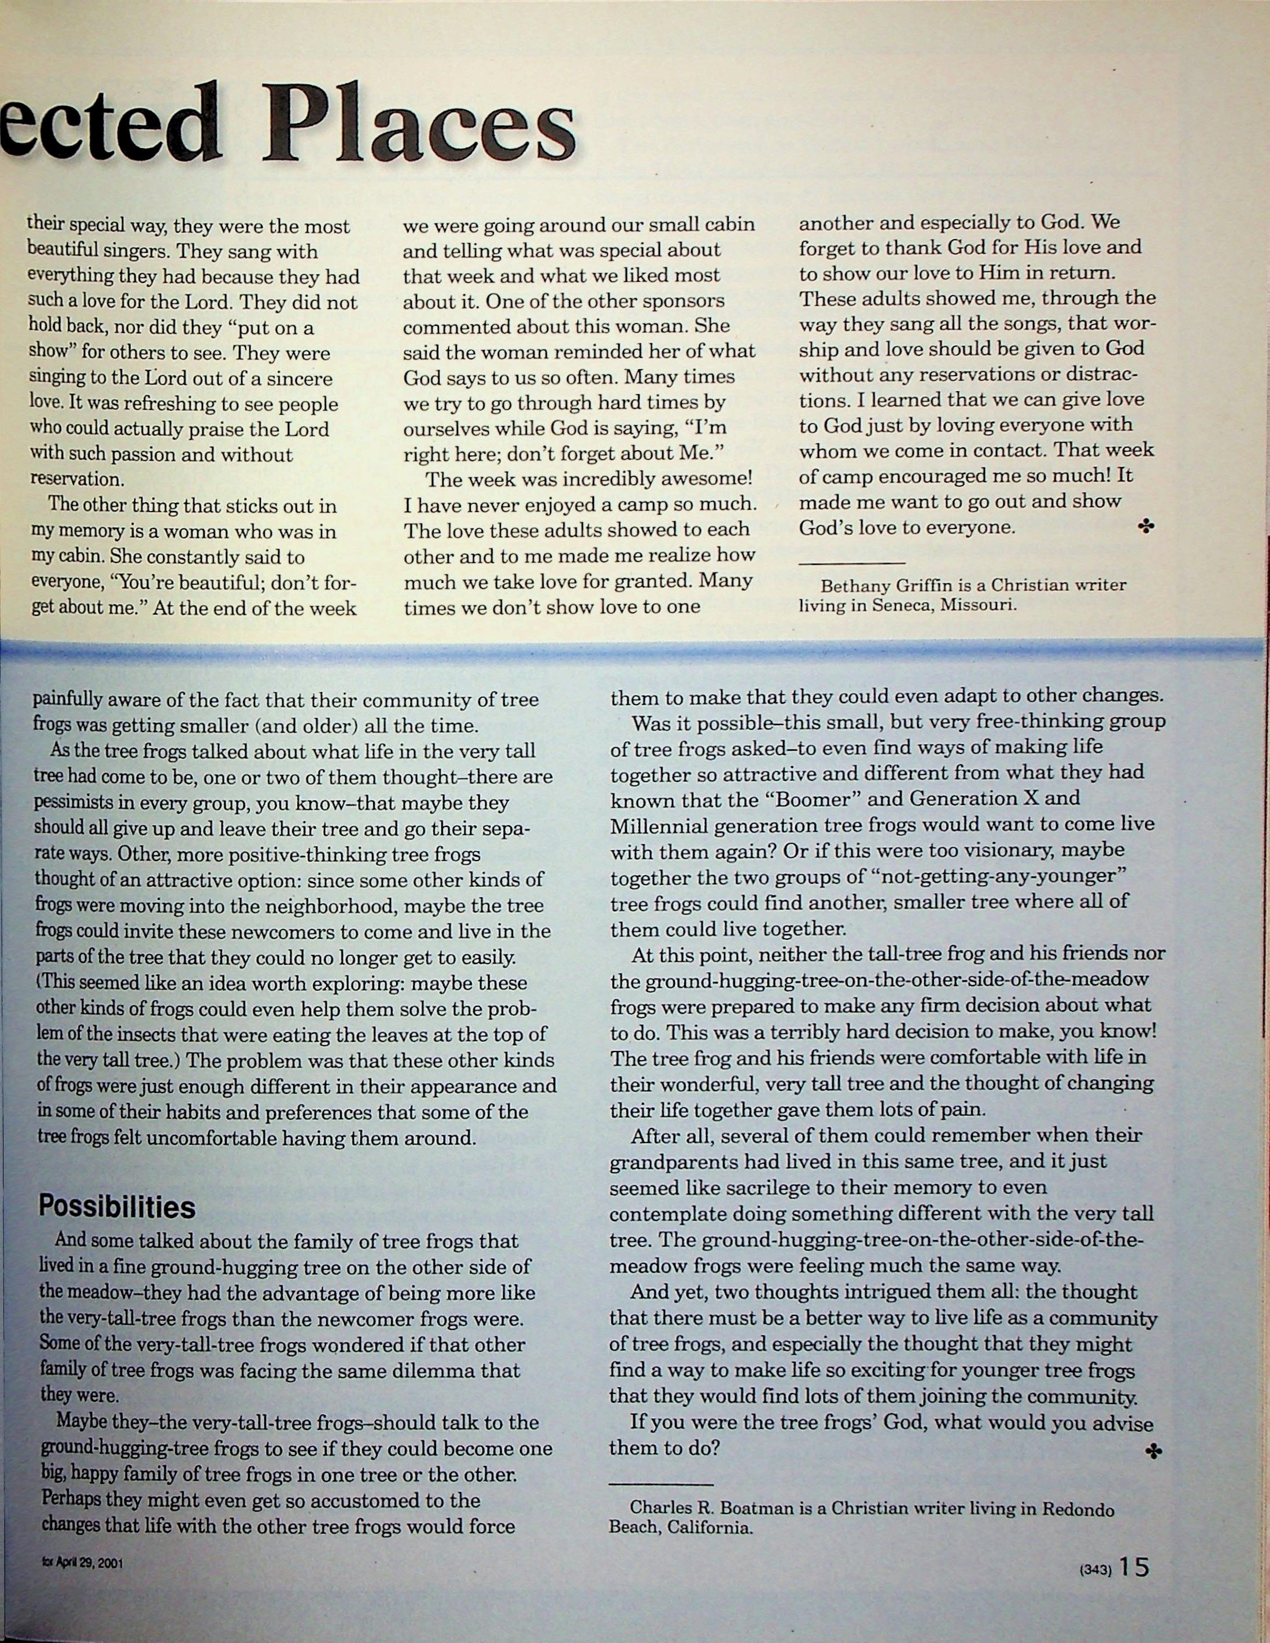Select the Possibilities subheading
coord(117,1207)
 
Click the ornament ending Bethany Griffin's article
coord(1146,527)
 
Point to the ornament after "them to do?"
coord(1151,1451)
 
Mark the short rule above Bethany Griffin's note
coord(852,563)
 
